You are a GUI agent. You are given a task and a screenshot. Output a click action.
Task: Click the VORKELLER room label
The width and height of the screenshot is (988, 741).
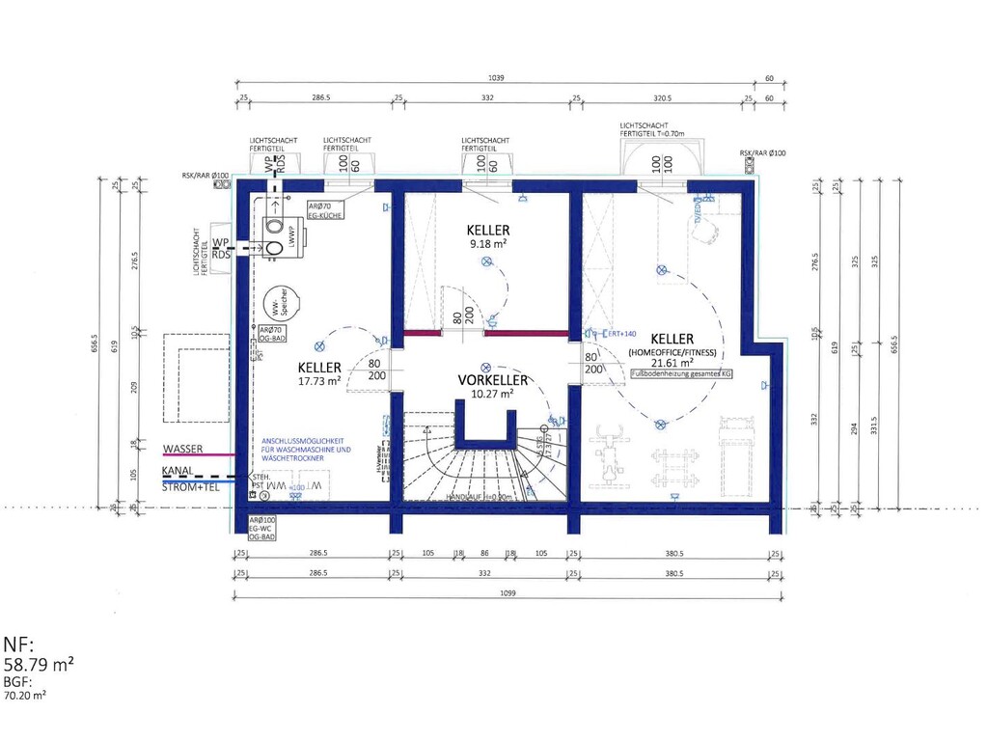tap(493, 380)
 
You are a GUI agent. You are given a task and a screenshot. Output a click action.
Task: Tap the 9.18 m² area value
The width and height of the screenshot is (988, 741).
tap(488, 245)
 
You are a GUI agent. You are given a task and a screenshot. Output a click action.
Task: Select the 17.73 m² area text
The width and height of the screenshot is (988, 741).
tap(319, 382)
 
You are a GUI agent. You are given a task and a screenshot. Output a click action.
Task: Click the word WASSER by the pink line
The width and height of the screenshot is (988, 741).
tap(183, 450)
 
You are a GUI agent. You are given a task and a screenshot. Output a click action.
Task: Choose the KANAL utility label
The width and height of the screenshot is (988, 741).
tap(178, 472)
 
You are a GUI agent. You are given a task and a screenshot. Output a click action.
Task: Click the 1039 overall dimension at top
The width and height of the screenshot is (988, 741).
tap(496, 78)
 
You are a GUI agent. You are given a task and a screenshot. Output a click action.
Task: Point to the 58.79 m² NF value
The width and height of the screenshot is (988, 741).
tap(40, 665)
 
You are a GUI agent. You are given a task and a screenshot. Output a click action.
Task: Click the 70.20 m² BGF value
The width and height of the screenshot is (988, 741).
tap(26, 694)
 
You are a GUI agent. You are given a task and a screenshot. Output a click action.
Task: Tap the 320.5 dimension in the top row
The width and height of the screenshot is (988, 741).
tap(661, 97)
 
